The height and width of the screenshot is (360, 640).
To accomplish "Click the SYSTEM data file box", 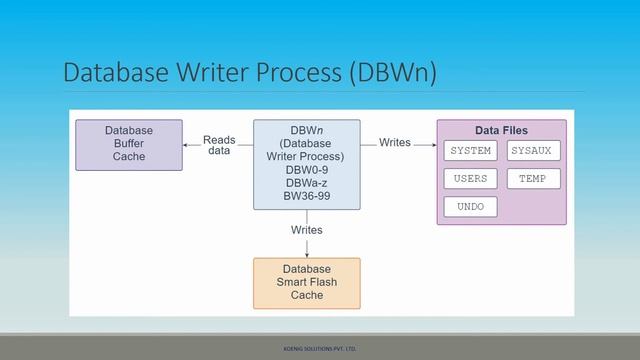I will [x=470, y=151].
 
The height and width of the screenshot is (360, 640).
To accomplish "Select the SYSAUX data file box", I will [x=531, y=151].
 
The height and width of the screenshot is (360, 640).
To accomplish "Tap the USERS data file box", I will [x=470, y=179].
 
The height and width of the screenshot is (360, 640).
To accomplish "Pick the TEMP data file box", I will [x=531, y=179].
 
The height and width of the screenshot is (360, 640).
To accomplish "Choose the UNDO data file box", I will [x=470, y=208].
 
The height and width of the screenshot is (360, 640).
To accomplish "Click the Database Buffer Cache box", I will [x=129, y=144].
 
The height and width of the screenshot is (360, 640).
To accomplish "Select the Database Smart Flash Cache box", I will [x=306, y=282].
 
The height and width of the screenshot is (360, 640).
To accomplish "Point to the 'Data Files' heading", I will [x=501, y=130].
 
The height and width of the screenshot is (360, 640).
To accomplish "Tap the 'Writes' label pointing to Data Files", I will [x=394, y=143].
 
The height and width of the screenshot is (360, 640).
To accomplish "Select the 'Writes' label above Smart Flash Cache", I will [x=306, y=230].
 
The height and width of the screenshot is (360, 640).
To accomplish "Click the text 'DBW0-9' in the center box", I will [x=306, y=170].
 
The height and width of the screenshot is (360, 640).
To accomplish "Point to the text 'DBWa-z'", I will [x=306, y=184].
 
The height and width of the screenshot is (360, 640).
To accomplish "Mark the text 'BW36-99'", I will [x=306, y=197].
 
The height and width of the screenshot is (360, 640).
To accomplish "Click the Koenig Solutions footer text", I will [x=320, y=349].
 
